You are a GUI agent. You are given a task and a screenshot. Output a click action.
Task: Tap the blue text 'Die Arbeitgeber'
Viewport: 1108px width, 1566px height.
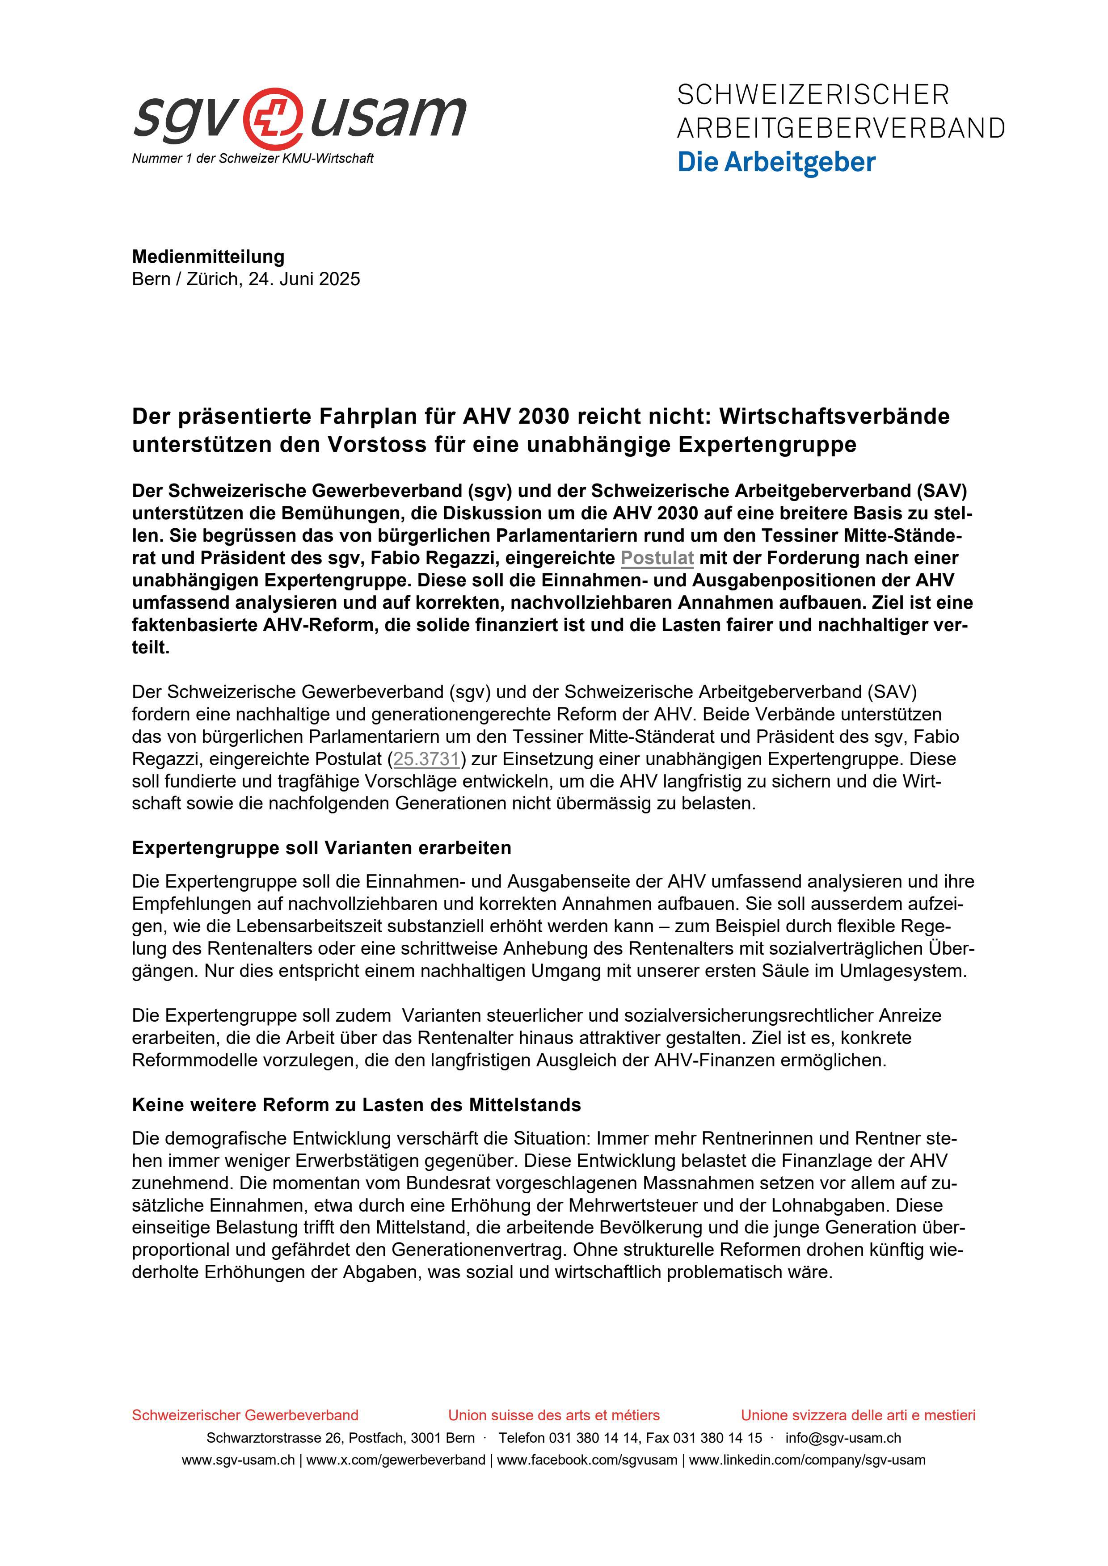(x=776, y=162)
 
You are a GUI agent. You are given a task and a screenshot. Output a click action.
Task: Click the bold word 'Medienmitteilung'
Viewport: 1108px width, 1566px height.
(x=208, y=257)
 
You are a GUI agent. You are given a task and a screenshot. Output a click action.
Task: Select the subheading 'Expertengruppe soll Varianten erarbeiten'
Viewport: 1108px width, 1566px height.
(x=321, y=848)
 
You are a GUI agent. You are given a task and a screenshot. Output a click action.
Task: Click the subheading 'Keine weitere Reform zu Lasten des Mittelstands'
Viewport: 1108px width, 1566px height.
(x=356, y=1105)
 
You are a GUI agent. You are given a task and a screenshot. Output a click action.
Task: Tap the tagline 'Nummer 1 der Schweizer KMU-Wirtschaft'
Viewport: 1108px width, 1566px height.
(x=253, y=158)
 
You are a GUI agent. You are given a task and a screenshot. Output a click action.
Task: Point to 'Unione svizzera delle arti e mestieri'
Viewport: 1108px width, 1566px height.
(x=858, y=1415)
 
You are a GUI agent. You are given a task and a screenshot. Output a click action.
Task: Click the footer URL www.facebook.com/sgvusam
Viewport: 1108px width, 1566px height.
(x=587, y=1460)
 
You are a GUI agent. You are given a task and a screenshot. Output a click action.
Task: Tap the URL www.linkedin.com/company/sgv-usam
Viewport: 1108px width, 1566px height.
(x=807, y=1460)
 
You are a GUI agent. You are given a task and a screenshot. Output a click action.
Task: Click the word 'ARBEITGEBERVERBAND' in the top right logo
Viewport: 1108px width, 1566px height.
(x=841, y=128)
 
